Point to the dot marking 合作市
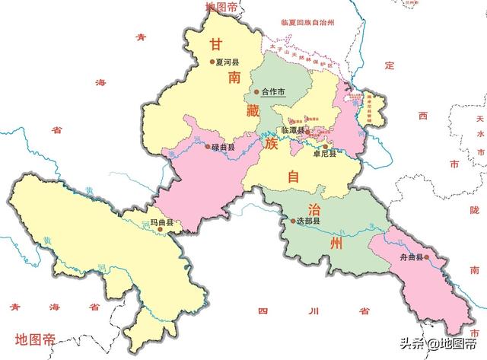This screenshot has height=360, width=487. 256,93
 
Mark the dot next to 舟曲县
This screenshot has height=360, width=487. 428,257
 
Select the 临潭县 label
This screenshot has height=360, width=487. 292,130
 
